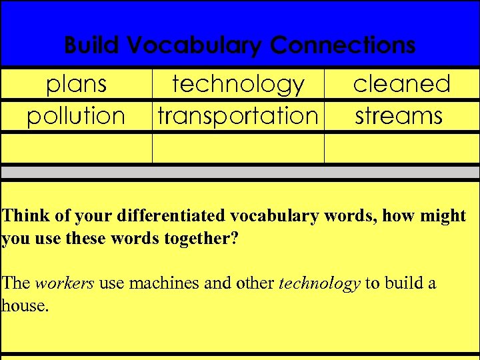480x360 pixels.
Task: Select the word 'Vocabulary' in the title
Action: (195, 46)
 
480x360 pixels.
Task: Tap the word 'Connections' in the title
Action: (343, 46)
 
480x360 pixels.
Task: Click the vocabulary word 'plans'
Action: (76, 85)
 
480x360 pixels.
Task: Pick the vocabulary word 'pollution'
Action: (76, 116)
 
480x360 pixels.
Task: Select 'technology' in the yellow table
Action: (238, 85)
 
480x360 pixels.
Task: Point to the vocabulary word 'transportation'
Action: (238, 116)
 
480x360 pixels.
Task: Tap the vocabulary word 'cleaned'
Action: (401, 85)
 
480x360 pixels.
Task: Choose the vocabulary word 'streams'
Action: (399, 116)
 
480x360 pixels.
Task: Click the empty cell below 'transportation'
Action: (238, 148)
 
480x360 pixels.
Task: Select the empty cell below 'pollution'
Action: (76, 148)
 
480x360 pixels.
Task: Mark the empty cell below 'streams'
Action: (401, 148)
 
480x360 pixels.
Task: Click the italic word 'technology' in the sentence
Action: (319, 283)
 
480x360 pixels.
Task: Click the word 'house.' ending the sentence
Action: (25, 305)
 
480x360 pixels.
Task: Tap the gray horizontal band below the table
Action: (240, 172)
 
